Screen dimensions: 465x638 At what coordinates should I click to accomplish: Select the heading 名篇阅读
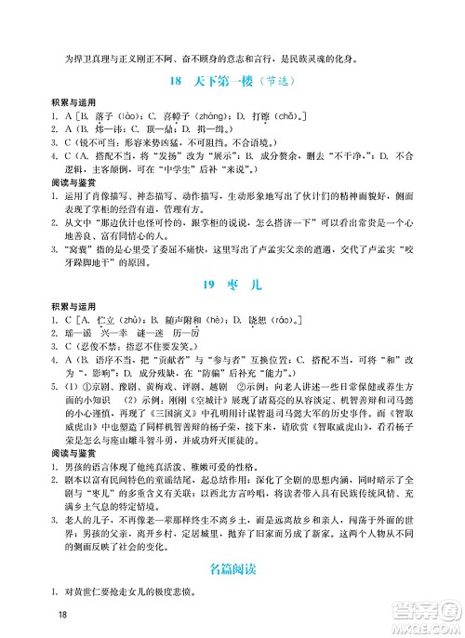(x=232, y=566)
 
